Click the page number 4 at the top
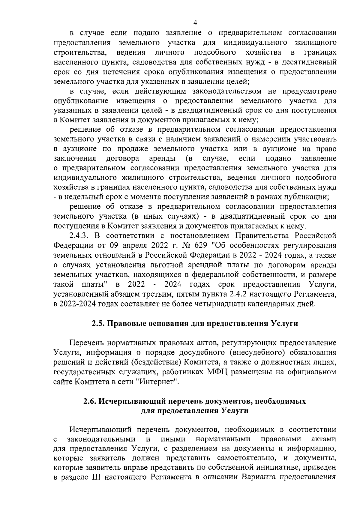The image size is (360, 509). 195,23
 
